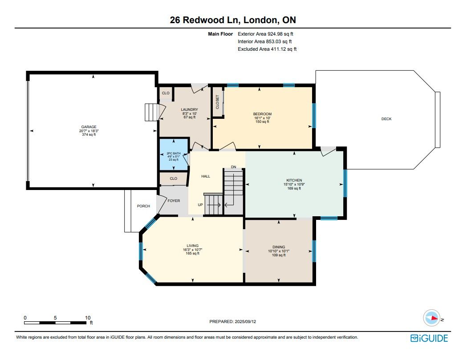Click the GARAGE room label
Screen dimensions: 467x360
click(x=89, y=127)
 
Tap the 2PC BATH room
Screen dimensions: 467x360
click(x=174, y=154)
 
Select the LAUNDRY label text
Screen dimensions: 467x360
click(x=189, y=109)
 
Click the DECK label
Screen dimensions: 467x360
click(x=386, y=119)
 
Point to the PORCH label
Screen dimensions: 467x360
click(x=143, y=206)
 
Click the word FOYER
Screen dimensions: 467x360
click(x=174, y=201)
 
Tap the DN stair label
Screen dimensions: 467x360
click(x=233, y=167)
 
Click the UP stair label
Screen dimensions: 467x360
click(x=200, y=205)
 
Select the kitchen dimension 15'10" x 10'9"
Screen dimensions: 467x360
click(x=294, y=184)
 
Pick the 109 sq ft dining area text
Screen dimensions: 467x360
click(x=279, y=255)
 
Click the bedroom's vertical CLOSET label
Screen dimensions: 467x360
click(x=217, y=102)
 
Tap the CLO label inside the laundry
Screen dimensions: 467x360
click(x=166, y=93)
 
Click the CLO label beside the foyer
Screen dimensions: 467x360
click(x=173, y=178)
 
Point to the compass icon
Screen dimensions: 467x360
click(x=431, y=318)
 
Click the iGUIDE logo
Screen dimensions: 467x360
click(x=429, y=338)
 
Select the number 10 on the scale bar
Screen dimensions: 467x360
click(x=88, y=318)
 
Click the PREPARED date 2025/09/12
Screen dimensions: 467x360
click(x=245, y=322)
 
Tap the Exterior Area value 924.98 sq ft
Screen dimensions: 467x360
click(x=280, y=34)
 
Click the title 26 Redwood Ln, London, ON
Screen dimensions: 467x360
click(x=233, y=20)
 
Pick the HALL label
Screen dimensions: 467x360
click(x=206, y=176)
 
